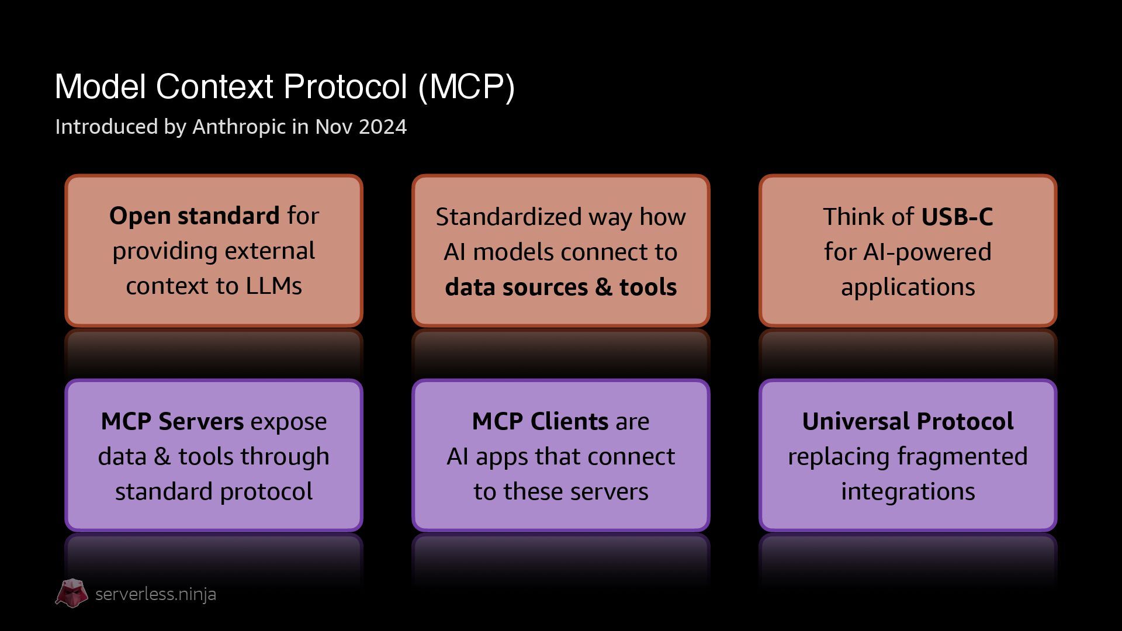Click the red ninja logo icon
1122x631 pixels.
72,594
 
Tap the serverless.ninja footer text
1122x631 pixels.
155,594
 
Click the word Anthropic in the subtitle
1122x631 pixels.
239,127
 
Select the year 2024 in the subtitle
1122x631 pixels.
383,127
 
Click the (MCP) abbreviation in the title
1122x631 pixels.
466,87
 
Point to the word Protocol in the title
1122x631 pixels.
345,87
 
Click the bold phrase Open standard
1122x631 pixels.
194,216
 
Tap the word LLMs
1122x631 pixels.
273,286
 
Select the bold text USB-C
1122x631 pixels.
957,217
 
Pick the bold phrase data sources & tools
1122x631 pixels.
560,287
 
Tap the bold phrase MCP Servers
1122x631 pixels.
172,421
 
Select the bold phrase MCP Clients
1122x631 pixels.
540,421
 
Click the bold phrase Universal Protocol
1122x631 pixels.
908,421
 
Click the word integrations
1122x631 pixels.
908,491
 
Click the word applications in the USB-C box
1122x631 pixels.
908,287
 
